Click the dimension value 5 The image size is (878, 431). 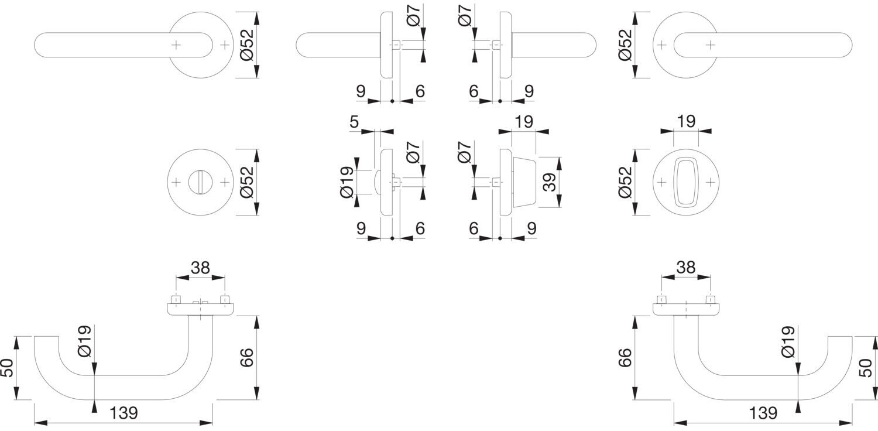[354, 122]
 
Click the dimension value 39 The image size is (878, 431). [549, 182]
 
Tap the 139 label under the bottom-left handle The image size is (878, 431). [124, 413]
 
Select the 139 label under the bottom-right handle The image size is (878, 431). [763, 413]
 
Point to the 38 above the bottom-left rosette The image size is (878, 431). [200, 268]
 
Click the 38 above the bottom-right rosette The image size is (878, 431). [686, 268]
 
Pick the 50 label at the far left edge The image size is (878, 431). [8, 368]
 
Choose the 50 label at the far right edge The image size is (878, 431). [866, 368]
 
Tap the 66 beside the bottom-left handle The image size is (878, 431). [247, 358]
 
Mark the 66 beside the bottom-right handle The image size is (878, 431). [625, 358]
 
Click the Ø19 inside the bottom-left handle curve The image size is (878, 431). [85, 341]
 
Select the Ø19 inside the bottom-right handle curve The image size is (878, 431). [788, 342]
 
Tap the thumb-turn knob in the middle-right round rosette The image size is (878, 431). [685, 182]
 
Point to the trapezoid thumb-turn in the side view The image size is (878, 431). [524, 182]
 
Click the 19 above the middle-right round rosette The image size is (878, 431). [686, 122]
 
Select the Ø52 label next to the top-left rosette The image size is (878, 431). [248, 45]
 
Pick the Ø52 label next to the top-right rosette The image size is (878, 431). [625, 45]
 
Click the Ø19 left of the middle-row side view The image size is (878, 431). [347, 182]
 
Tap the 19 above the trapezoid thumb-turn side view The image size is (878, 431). [524, 122]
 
